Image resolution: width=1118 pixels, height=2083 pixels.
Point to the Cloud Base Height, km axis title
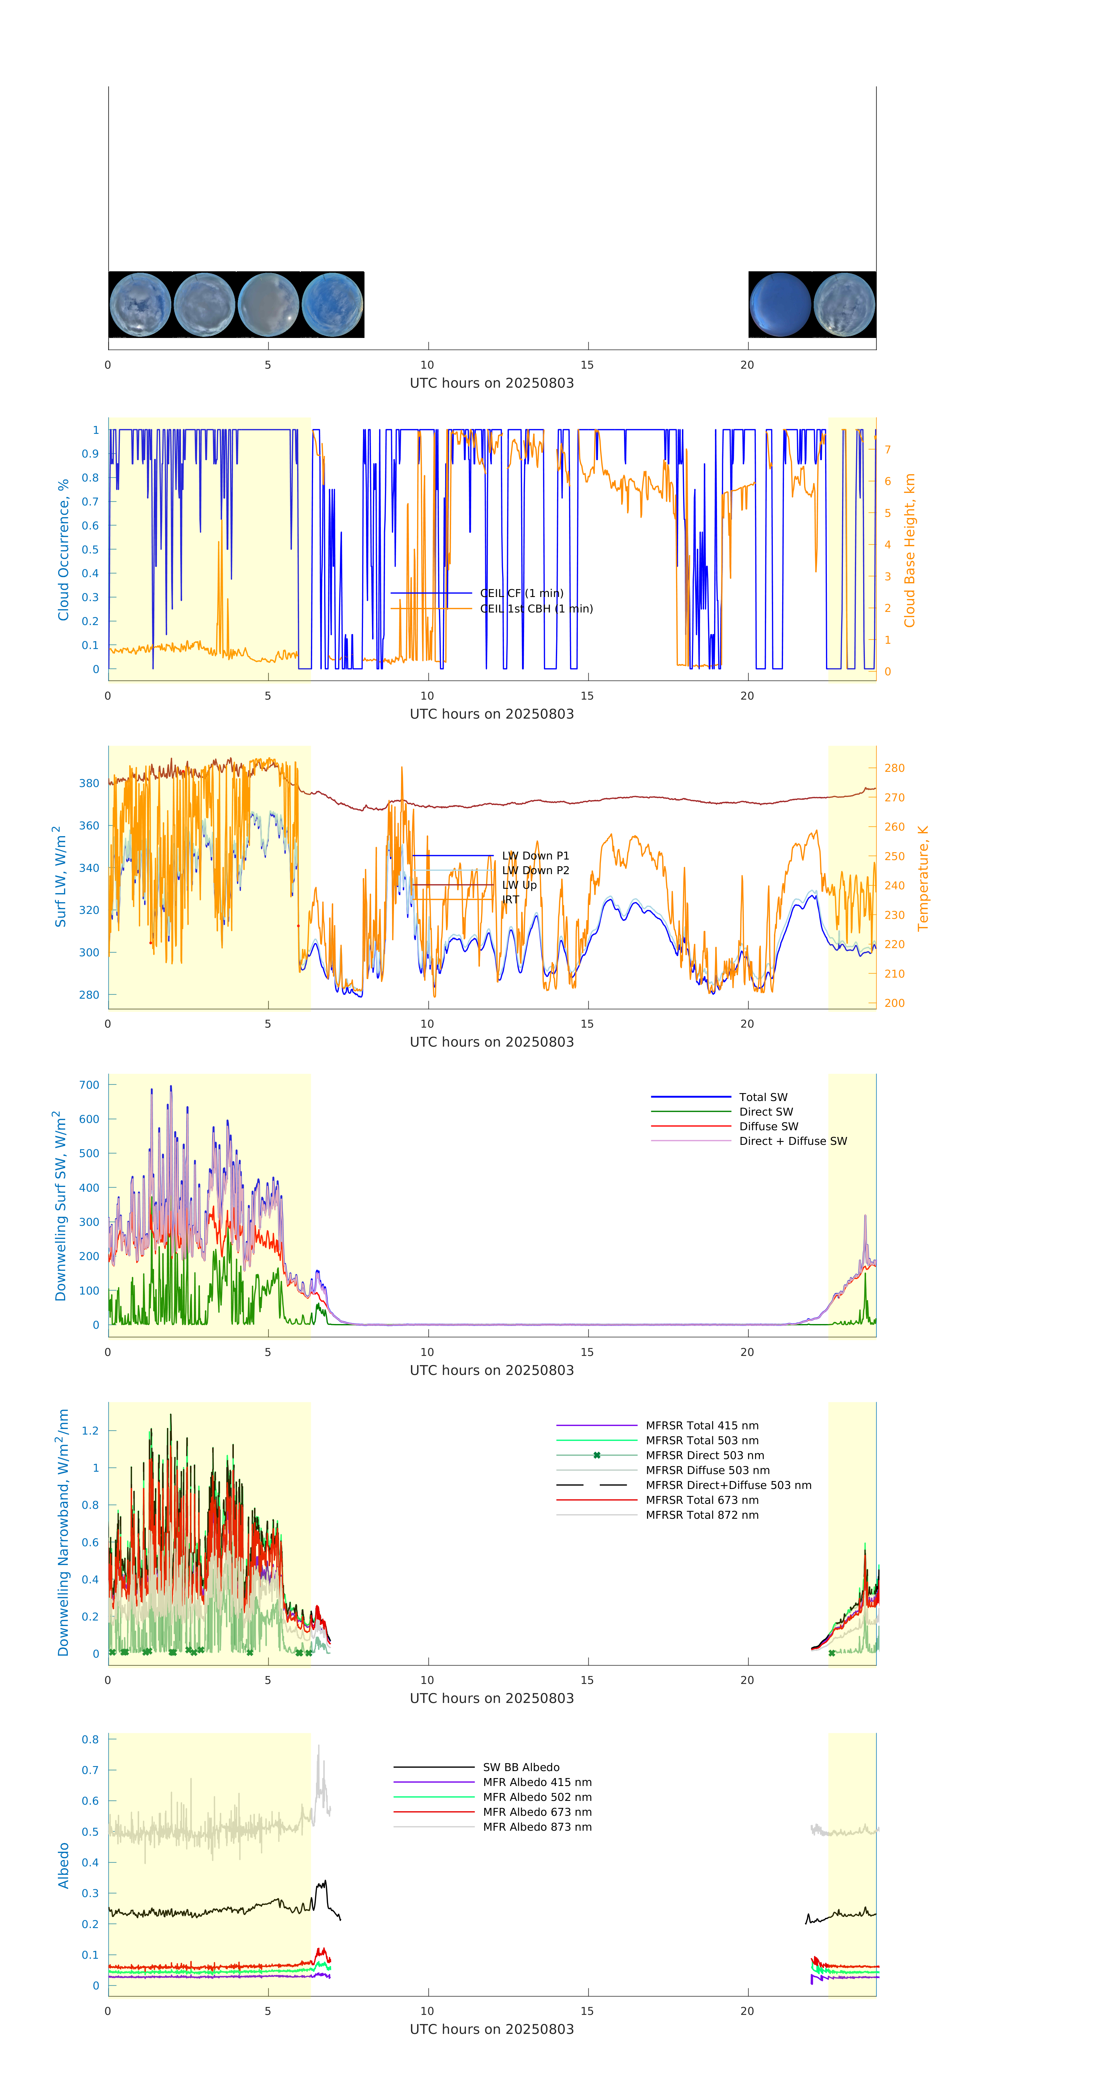(x=909, y=550)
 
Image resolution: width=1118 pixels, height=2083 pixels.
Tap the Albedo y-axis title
(x=63, y=1865)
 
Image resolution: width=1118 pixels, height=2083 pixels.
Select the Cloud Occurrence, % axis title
(x=63, y=550)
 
